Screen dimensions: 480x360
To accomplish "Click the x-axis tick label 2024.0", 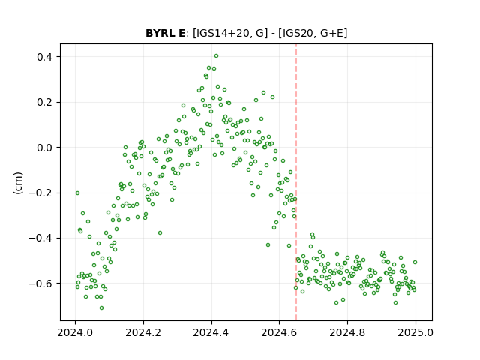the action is pos(75,332).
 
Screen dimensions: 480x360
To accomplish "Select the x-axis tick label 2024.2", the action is pos(143,332).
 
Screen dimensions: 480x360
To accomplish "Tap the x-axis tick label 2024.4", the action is pos(211,332).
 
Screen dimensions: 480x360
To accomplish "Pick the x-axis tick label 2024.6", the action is pos(279,332).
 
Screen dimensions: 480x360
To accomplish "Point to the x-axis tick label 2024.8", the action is pos(347,332).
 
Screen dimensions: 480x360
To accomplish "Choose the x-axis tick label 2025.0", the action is pos(415,332).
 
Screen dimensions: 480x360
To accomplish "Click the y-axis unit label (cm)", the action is pos(18,183).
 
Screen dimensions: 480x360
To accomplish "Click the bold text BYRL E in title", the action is pos(165,33).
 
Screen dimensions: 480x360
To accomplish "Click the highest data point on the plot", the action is pos(217,56).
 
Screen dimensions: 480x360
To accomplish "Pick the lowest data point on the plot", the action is pos(102,308).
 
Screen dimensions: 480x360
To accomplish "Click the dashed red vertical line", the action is pos(296,182).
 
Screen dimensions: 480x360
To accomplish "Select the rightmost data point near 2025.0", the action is pos(415,262).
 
